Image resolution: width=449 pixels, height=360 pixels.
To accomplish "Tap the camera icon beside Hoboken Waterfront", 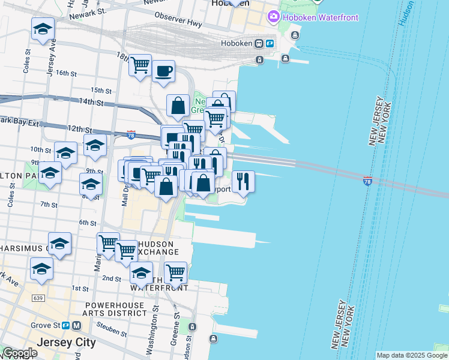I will (x=274, y=16).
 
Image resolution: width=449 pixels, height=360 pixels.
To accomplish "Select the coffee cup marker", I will (x=163, y=71).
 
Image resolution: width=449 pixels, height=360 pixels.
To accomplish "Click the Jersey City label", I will (x=66, y=343).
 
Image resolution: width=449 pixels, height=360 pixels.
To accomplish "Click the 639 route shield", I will (x=39, y=298).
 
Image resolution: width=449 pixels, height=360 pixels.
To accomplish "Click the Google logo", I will (x=20, y=353).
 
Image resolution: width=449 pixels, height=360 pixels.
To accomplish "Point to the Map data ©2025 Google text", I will (x=412, y=355).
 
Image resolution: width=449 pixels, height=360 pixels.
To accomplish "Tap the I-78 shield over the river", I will (x=367, y=181).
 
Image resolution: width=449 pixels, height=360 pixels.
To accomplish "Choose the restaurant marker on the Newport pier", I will (x=243, y=181).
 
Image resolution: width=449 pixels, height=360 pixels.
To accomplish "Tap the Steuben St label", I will (x=109, y=328).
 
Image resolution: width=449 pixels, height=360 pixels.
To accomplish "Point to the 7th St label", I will (x=49, y=205).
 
